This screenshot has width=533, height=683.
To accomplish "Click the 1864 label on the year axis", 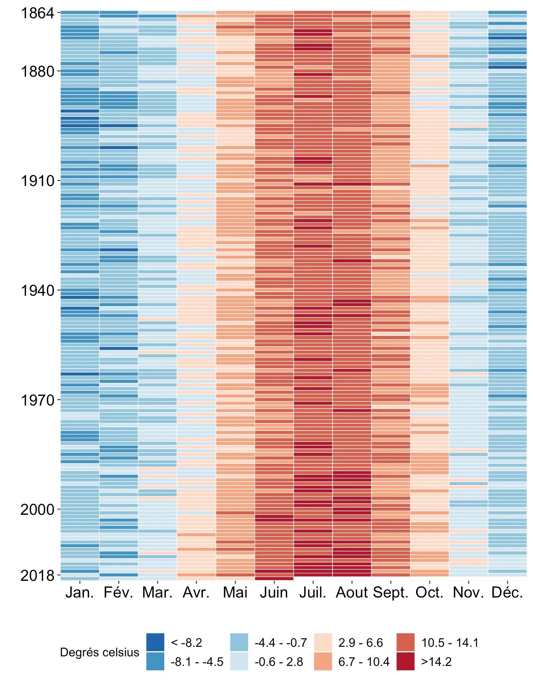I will [x=37, y=13].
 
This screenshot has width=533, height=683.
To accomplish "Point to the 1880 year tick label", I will [x=37, y=72].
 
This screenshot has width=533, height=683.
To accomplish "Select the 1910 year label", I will [x=37, y=181].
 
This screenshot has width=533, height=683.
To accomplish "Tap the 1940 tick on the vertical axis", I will [x=37, y=291].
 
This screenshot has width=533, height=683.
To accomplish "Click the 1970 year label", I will [x=37, y=400].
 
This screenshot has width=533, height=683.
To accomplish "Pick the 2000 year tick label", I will [x=37, y=510].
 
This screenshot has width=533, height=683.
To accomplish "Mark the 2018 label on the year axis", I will [x=37, y=575].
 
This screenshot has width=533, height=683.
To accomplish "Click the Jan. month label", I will [x=80, y=593].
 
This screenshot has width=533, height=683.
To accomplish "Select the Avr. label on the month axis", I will [x=196, y=593].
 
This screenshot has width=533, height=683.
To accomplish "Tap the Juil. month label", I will [x=313, y=593].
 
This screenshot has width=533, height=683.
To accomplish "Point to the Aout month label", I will [x=352, y=593].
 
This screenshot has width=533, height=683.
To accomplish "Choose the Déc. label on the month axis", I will [x=507, y=593].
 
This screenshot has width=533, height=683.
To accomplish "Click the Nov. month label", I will [x=468, y=593].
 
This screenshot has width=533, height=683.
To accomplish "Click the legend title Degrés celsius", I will [x=99, y=652].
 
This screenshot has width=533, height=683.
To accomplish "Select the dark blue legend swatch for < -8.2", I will [x=155, y=642].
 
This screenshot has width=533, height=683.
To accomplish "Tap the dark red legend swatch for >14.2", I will [x=405, y=662].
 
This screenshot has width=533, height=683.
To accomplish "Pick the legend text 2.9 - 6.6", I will [x=360, y=643].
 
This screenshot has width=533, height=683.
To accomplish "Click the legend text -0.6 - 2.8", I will [x=278, y=662].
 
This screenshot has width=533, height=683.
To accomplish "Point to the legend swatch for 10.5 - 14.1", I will [x=405, y=642].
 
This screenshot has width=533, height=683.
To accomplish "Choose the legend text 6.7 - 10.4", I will [x=364, y=662].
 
